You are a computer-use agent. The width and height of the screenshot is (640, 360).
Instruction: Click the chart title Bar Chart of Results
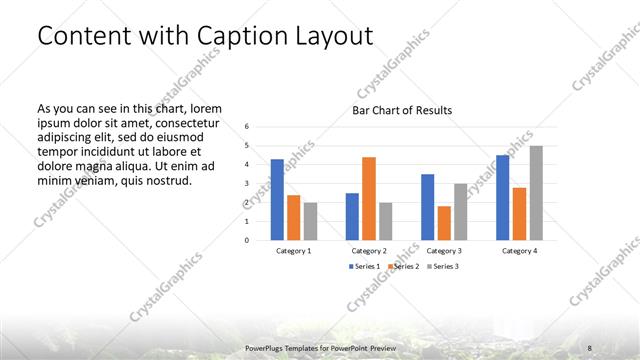402,110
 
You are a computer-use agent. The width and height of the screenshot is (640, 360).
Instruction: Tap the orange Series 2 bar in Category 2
369,198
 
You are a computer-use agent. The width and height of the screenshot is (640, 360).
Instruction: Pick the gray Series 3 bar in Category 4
536,192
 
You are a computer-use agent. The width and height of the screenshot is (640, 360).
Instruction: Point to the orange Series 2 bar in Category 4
520,213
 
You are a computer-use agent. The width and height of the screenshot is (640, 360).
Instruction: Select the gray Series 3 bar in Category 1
310,221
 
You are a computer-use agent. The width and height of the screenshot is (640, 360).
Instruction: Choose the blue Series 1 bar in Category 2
352,216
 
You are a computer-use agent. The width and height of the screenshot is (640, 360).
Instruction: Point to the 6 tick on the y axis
247,126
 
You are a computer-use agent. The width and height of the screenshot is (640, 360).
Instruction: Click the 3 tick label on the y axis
247,183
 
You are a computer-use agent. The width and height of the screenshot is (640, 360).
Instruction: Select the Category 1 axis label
293,250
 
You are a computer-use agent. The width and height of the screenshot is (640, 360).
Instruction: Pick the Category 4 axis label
520,250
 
